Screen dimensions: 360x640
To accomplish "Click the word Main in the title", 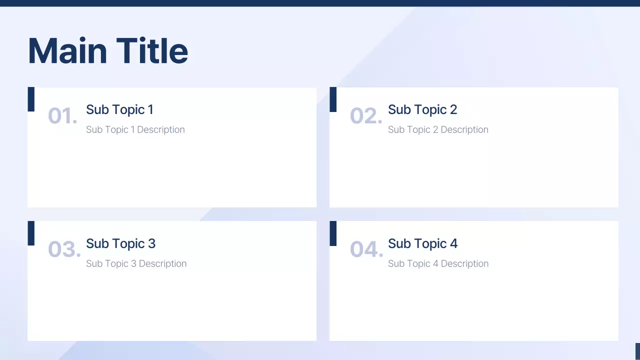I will pyautogui.click(x=67, y=51).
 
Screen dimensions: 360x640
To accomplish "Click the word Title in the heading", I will pyautogui.click(x=152, y=51).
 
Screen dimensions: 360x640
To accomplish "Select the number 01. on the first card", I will pyautogui.click(x=62, y=116).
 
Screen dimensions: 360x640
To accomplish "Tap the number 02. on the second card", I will pyautogui.click(x=365, y=116).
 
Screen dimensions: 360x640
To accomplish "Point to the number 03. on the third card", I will pyautogui.click(x=64, y=249).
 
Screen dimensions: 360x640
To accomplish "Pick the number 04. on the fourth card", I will pyautogui.click(x=366, y=249).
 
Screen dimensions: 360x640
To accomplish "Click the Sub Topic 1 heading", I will pyautogui.click(x=119, y=109).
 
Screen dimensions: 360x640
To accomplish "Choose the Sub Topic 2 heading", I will pyautogui.click(x=422, y=109).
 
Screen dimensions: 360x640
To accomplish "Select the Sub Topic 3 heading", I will pyautogui.click(x=120, y=243).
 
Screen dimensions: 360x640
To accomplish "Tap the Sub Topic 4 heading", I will pyautogui.click(x=422, y=243).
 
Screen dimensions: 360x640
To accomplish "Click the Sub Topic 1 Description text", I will pyautogui.click(x=135, y=129).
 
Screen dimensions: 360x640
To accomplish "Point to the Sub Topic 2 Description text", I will pyautogui.click(x=438, y=129).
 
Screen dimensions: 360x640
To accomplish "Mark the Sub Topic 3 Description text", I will pyautogui.click(x=136, y=263).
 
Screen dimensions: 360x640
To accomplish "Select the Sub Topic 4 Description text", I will pyautogui.click(x=438, y=263).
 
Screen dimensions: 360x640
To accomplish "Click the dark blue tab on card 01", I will pyautogui.click(x=31, y=99).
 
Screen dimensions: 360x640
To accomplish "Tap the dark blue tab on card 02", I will pyautogui.click(x=333, y=99).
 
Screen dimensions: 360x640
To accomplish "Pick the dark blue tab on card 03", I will pyautogui.click(x=31, y=233).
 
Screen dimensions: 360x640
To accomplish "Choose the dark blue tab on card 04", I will pyautogui.click(x=333, y=233).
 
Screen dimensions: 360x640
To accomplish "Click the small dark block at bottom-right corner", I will pyautogui.click(x=637, y=351).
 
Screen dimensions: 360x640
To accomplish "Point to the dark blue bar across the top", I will pyautogui.click(x=320, y=3).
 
